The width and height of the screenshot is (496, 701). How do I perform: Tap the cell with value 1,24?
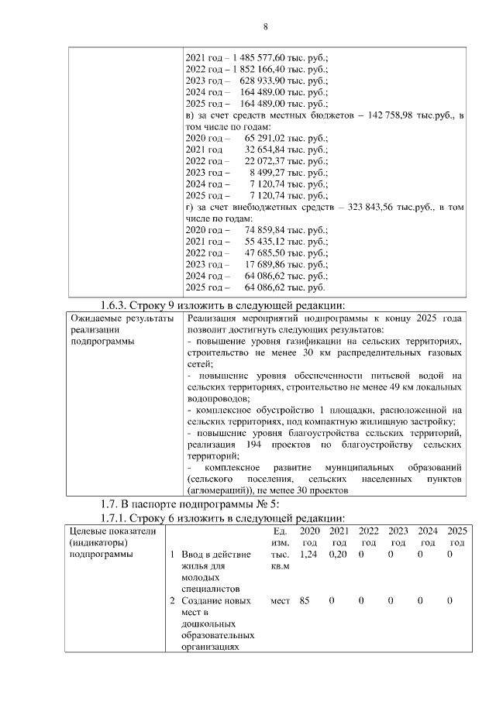click(x=308, y=555)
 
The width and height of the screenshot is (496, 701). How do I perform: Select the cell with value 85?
click(x=305, y=600)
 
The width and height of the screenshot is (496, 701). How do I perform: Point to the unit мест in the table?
click(x=281, y=600)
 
